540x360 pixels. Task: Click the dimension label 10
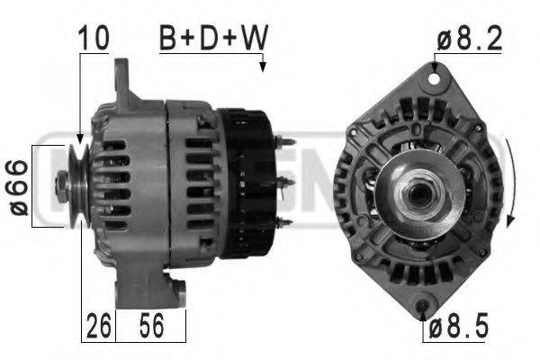coord(94,38)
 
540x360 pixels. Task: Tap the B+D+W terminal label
coord(213,38)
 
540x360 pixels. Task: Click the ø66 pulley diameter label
coord(18,187)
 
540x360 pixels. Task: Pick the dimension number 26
coord(98,325)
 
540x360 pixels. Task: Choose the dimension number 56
coord(151,325)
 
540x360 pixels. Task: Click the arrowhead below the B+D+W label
coord(263,67)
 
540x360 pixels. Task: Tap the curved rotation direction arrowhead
coord(510,221)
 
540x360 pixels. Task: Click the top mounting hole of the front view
coord(434,79)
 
